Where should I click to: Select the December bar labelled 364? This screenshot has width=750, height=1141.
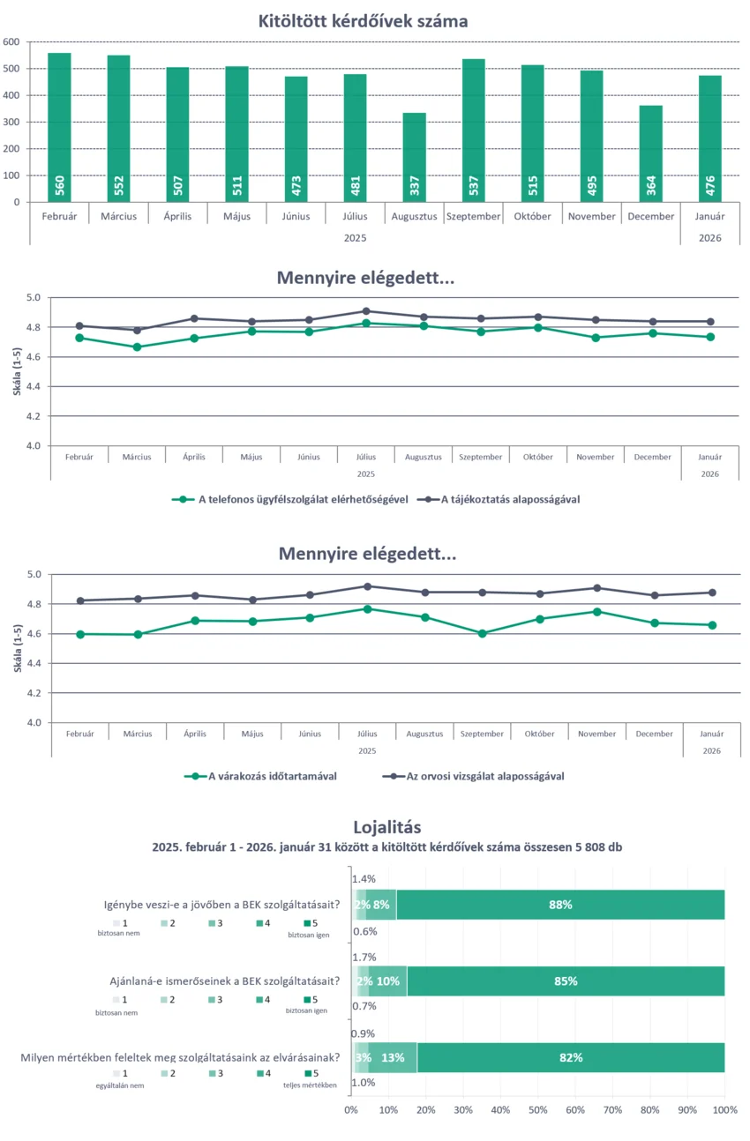click(651, 153)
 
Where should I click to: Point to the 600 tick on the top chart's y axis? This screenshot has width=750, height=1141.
click(11, 41)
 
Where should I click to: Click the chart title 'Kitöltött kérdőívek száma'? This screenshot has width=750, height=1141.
click(363, 20)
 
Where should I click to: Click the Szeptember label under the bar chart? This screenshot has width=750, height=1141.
click(474, 216)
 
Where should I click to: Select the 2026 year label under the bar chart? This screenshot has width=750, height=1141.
click(710, 237)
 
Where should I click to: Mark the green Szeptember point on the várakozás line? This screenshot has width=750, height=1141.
click(482, 633)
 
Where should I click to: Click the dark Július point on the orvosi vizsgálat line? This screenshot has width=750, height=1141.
click(367, 586)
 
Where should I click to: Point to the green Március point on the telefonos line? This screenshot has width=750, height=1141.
click(137, 347)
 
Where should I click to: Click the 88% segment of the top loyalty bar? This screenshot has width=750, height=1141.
click(561, 905)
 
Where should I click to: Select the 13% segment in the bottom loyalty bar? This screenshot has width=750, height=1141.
click(393, 1058)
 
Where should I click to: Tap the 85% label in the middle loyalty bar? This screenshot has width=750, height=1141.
click(566, 981)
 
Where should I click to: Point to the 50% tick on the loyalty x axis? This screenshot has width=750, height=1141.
click(538, 1108)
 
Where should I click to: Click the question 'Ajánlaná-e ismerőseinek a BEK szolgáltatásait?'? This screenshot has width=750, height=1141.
click(225, 981)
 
